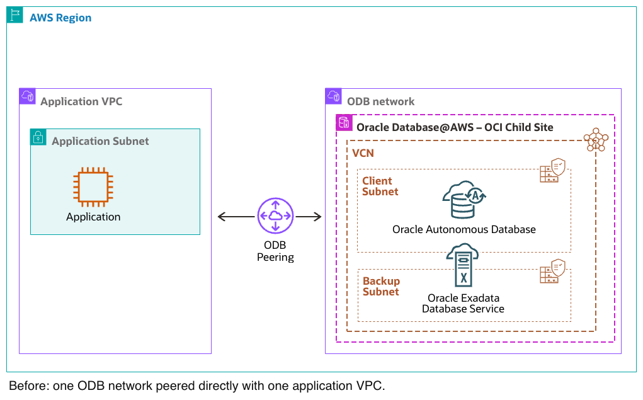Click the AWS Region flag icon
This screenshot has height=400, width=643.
coord(15,15)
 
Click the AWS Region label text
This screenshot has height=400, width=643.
coord(60,18)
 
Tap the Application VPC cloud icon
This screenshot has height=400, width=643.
coord(28,96)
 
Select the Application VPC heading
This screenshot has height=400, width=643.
coord(81,101)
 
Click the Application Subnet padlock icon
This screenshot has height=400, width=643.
coord(38,137)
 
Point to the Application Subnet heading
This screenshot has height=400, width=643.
coord(100,141)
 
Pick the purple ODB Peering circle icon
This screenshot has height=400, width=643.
coord(275,217)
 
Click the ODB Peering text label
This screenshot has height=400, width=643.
coord(275,251)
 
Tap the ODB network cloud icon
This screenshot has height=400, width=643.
coord(334,96)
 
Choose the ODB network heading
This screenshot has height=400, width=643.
coord(381,101)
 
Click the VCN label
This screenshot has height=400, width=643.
coord(364,153)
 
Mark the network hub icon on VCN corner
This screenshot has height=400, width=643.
coord(595,140)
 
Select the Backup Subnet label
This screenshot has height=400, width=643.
coord(381,287)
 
